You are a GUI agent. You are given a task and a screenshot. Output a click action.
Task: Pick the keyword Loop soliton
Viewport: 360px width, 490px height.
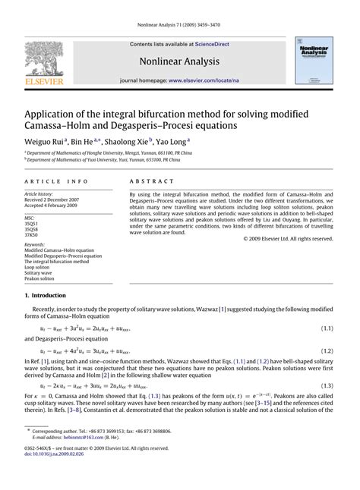tap(42, 267)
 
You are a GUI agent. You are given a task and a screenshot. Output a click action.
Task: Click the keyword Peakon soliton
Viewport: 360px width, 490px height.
tap(45, 279)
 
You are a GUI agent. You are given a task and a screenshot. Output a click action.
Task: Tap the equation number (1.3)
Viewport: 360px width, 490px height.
tap(327, 386)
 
